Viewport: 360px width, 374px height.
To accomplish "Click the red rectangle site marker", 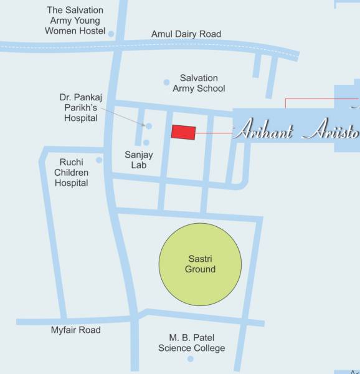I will pyautogui.click(x=184, y=132).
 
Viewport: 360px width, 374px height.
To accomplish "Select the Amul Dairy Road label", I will pyautogui.click(x=186, y=34).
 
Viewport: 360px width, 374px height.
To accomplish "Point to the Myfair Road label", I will pyautogui.click(x=75, y=330).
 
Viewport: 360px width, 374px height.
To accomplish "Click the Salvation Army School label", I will pyautogui.click(x=199, y=83).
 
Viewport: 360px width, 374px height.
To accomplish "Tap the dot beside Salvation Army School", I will pyautogui.click(x=166, y=82).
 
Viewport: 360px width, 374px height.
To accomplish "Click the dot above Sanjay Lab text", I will pyautogui.click(x=146, y=143).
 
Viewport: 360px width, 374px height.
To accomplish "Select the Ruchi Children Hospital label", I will pyautogui.click(x=72, y=173).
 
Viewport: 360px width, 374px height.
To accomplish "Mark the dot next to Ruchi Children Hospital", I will pyautogui.click(x=99, y=160).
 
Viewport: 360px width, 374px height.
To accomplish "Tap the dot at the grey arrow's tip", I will pyautogui.click(x=149, y=126).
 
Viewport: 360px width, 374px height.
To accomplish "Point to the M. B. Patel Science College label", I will pyautogui.click(x=191, y=342).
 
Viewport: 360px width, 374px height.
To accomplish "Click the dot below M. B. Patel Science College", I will pyautogui.click(x=191, y=358).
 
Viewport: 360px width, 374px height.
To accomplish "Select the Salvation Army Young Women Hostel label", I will pyautogui.click(x=75, y=21).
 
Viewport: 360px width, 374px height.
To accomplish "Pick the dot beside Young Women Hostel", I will pyautogui.click(x=111, y=34).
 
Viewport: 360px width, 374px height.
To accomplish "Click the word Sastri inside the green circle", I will pyautogui.click(x=201, y=259).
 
